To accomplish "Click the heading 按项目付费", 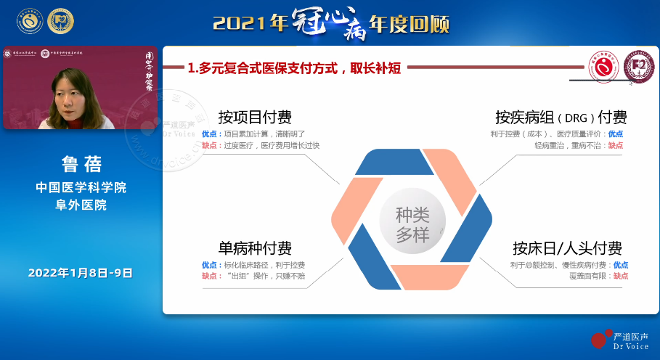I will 255,118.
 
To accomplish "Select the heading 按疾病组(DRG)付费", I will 561,118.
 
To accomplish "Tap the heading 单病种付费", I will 255,248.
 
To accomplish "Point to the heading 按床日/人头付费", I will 567,248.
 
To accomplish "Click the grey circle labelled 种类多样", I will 412,225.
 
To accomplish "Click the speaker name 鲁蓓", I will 81,161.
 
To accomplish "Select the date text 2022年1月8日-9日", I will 81,273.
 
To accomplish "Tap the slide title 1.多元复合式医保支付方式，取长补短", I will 294,68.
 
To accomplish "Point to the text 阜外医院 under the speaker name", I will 81,205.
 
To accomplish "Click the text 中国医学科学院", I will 81,187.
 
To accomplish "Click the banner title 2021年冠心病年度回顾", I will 331,23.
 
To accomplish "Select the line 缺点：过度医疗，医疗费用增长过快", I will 260,145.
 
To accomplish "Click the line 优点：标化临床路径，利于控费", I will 253,265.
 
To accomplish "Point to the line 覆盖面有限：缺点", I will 598,276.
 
